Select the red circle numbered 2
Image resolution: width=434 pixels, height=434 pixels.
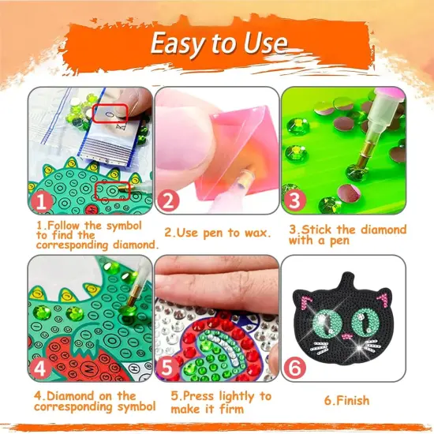[166, 202]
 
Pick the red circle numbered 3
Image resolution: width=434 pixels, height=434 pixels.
[294, 202]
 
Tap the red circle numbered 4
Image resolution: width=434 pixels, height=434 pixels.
[41, 367]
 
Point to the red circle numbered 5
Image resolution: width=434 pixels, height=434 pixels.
[167, 367]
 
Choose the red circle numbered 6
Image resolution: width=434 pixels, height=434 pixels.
[294, 367]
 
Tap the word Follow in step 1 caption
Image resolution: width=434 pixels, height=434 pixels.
[65, 226]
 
